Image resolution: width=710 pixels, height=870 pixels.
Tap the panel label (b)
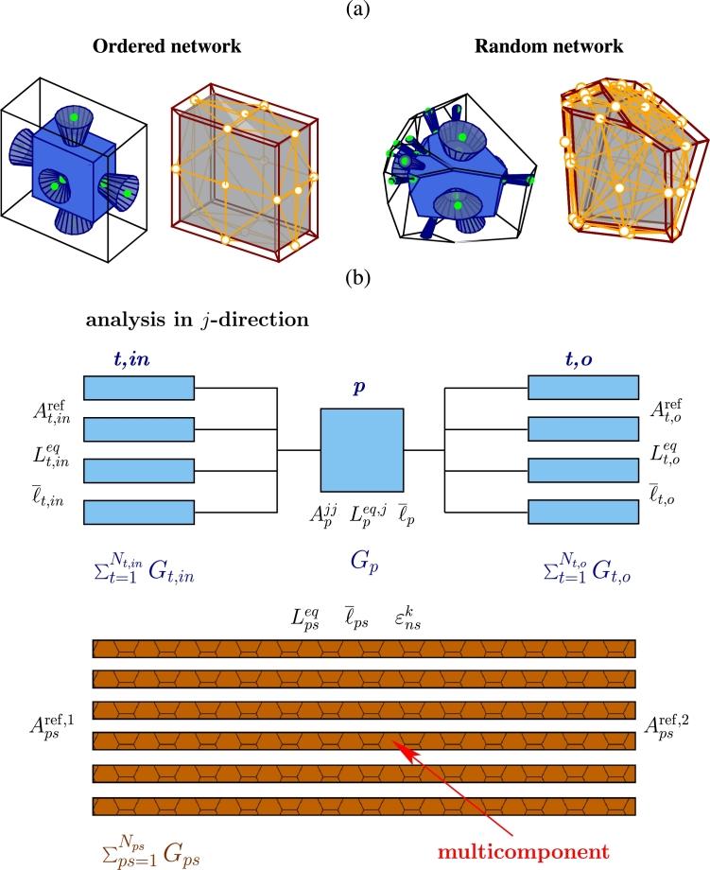pos(355,279)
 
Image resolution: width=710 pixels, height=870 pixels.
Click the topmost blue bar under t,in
pos(139,388)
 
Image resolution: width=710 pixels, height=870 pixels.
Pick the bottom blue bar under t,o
pos(582,512)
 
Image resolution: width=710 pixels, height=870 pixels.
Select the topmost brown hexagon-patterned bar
pos(364,648)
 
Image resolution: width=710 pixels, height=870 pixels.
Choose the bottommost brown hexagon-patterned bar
pos(364,807)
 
